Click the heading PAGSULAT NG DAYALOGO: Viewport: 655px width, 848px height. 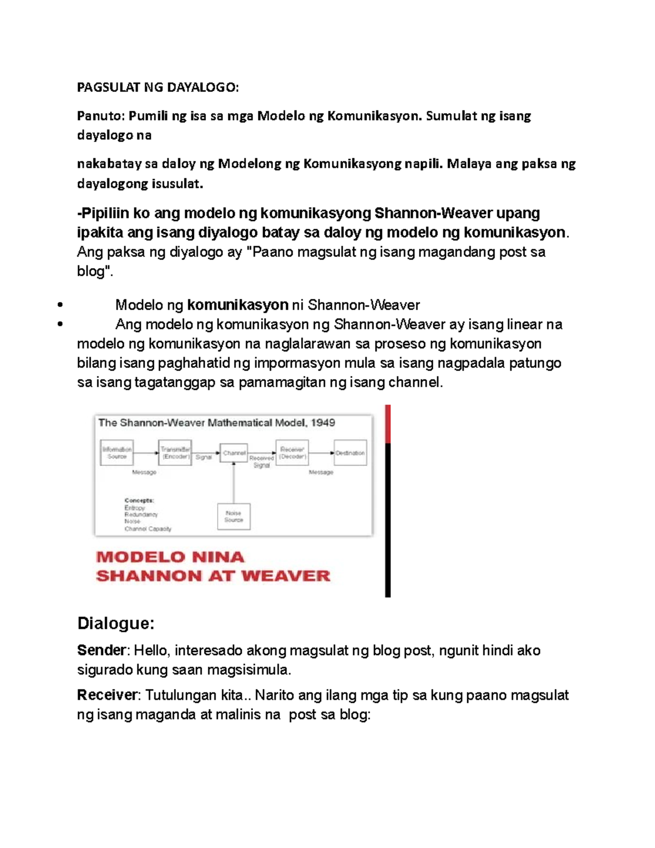pyautogui.click(x=158, y=87)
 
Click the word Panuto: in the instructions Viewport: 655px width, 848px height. pyautogui.click(x=101, y=116)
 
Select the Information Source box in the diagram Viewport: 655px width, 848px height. pyautogui.click(x=117, y=453)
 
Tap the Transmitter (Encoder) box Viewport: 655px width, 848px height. pyautogui.click(x=175, y=453)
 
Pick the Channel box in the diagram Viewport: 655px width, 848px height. pyautogui.click(x=234, y=453)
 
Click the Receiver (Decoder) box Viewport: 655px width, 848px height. pyautogui.click(x=292, y=453)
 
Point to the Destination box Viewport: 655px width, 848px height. pyautogui.click(x=350, y=453)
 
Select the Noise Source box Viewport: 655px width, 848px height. pyautogui.click(x=234, y=517)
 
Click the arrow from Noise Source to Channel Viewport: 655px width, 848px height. pyautogui.click(x=234, y=483)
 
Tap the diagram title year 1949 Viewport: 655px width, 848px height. pyautogui.click(x=323, y=423)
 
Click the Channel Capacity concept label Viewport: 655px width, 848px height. pyautogui.click(x=147, y=529)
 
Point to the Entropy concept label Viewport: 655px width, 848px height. pyautogui.click(x=134, y=508)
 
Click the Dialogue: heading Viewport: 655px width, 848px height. pyautogui.click(x=116, y=623)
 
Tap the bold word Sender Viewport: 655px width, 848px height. pyautogui.click(x=102, y=650)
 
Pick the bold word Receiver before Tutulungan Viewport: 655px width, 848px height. pyautogui.click(x=108, y=695)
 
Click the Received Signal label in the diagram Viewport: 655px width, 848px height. pyautogui.click(x=261, y=462)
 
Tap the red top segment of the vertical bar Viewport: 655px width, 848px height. pyautogui.click(x=388, y=424)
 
